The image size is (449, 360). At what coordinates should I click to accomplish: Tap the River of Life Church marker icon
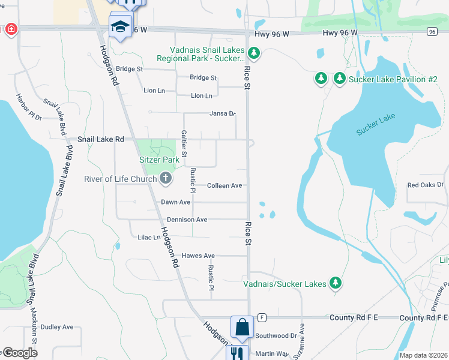(165, 179)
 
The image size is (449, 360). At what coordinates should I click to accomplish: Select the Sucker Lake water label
(376, 124)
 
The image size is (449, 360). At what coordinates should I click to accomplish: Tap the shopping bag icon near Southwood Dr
(241, 328)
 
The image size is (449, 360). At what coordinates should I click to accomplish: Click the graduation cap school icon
(120, 26)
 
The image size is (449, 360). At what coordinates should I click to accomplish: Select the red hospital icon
(10, 29)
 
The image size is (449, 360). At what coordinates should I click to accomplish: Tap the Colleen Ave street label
(224, 186)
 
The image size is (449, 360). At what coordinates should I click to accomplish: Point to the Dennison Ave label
(187, 220)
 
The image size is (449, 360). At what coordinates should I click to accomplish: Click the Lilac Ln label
(149, 238)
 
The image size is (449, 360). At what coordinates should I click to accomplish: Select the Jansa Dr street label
(222, 113)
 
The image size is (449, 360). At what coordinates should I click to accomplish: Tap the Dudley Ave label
(57, 327)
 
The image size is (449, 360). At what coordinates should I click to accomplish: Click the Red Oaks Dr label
(425, 185)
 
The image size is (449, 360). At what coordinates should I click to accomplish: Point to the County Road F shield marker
(262, 317)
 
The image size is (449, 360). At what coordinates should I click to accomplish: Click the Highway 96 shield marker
(432, 31)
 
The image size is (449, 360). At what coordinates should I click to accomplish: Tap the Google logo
(19, 353)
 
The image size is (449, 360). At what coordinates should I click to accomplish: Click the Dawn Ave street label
(175, 203)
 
